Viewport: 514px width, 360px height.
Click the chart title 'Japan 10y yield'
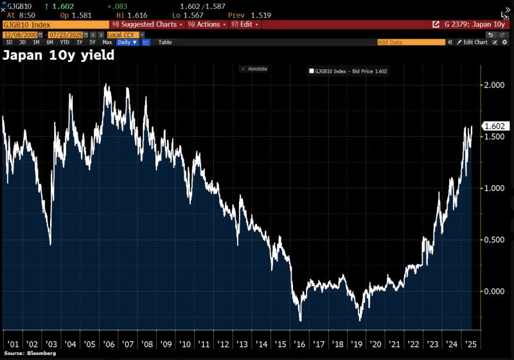click(x=58, y=55)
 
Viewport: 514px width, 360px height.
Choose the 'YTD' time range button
click(x=65, y=42)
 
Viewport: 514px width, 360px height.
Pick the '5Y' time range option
click(x=92, y=42)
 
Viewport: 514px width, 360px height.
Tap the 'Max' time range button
click(x=107, y=42)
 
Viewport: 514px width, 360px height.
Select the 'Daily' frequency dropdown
click(x=126, y=42)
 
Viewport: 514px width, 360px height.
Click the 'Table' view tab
click(x=165, y=42)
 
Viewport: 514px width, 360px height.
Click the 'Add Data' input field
click(x=411, y=42)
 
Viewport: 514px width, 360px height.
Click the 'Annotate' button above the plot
click(x=254, y=69)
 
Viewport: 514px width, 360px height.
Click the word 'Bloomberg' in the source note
click(x=41, y=354)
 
